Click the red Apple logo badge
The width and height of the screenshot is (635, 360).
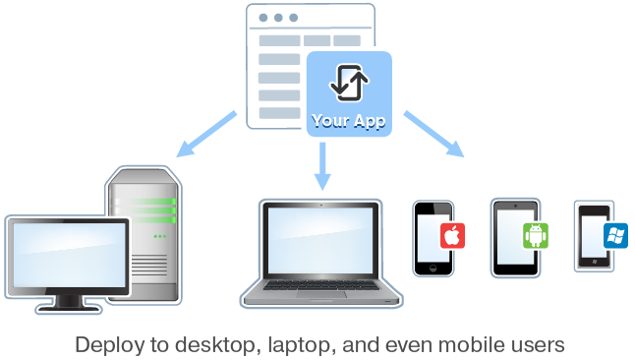pos(451,236)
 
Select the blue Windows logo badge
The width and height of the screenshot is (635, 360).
pos(616,234)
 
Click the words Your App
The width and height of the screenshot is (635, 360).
pos(348,122)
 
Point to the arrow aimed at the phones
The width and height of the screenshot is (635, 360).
pos(433,133)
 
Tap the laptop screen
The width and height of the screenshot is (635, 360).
pos(319,242)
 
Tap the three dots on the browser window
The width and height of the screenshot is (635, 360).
pos(278,18)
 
